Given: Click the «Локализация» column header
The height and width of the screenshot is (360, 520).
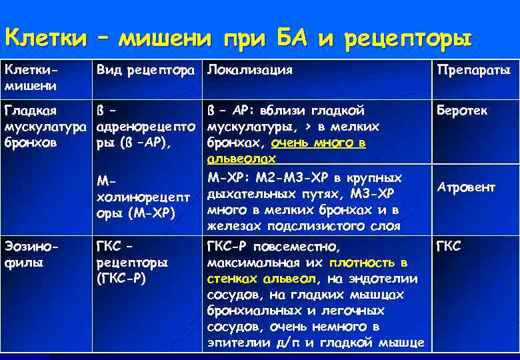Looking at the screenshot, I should (249, 69).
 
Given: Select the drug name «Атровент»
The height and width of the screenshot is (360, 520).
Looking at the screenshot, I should (466, 187).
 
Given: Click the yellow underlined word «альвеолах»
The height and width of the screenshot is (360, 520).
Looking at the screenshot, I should (238, 159).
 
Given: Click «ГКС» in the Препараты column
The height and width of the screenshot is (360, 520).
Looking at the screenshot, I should (448, 246).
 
